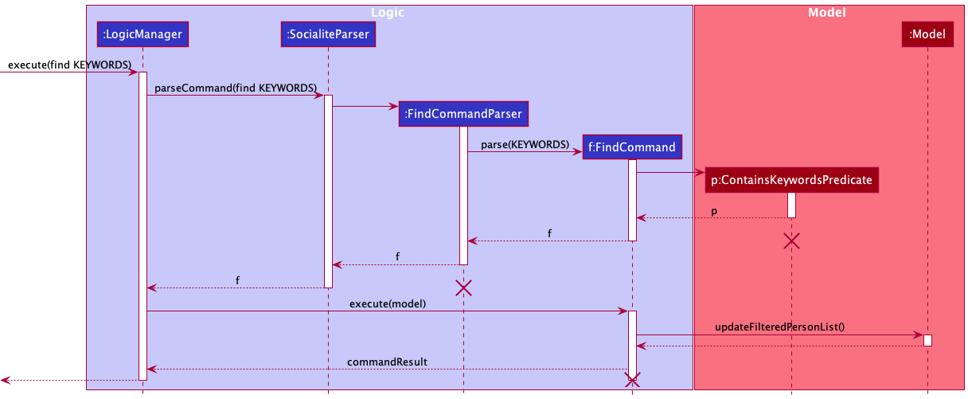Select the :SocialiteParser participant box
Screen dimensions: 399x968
click(x=327, y=34)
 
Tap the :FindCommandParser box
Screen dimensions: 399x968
click(x=463, y=114)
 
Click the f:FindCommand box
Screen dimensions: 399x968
click(x=632, y=147)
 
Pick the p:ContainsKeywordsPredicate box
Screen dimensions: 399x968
click(x=791, y=180)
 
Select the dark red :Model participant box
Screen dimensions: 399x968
click(x=927, y=34)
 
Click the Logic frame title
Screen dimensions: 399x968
click(x=388, y=13)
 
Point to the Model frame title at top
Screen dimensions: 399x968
click(x=826, y=13)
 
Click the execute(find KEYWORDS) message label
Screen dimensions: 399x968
click(x=70, y=65)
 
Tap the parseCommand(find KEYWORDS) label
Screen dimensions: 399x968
click(x=236, y=87)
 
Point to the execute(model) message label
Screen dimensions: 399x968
click(x=387, y=303)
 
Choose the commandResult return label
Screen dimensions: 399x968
click(x=387, y=362)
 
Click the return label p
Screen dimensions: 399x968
click(x=715, y=210)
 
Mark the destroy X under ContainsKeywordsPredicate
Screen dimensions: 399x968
click(x=791, y=241)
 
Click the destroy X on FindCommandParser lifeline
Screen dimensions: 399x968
click(x=463, y=288)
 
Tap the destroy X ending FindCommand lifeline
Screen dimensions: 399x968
click(x=632, y=380)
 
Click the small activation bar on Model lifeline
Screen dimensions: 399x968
click(x=927, y=340)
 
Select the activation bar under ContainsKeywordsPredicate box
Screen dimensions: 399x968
click(x=791, y=205)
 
